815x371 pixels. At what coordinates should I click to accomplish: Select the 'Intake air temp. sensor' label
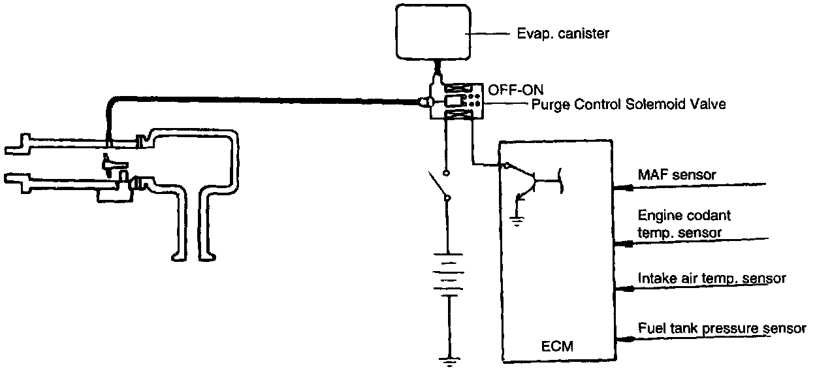711,278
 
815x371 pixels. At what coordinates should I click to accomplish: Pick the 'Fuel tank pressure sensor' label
722,329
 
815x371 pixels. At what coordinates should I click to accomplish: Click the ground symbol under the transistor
517,220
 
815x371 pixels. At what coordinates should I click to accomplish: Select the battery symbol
447,274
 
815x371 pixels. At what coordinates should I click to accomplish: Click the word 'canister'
586,33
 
